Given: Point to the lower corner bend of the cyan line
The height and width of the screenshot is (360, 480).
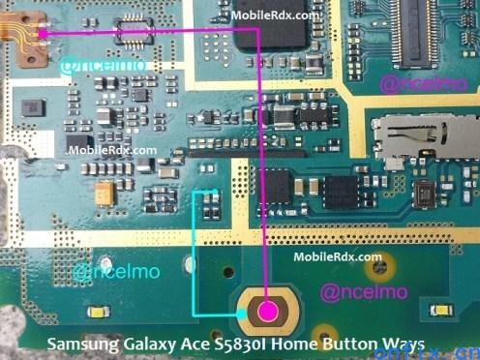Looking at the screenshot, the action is tap(196, 314).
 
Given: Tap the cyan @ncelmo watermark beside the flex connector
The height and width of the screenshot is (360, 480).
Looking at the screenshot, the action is tap(92, 65).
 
